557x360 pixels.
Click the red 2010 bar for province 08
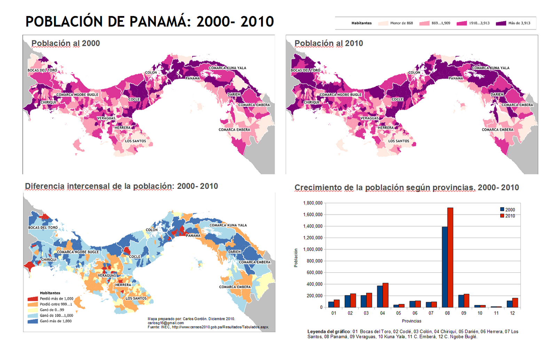coord(450,257)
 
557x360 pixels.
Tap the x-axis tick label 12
coord(512,313)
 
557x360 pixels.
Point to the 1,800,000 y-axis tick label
coord(313,203)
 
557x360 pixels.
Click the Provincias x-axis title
coord(411,321)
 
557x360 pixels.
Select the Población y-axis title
coord(296,258)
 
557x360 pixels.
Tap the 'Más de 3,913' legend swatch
coord(501,23)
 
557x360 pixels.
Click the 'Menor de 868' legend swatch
coord(383,23)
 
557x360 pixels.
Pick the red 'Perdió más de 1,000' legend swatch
coord(32,299)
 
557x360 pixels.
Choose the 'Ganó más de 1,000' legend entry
coord(55,321)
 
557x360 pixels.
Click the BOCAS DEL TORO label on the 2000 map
coord(42,70)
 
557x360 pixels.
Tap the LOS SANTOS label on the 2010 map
coord(399,141)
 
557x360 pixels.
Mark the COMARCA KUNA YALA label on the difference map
coord(228,225)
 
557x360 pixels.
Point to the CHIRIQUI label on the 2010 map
coord(311,102)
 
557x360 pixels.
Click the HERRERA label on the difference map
coord(123,285)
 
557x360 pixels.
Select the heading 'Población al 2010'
coord(329,43)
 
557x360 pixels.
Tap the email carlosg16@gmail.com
coord(166,323)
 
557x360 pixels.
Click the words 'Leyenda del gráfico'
coord(329,331)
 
